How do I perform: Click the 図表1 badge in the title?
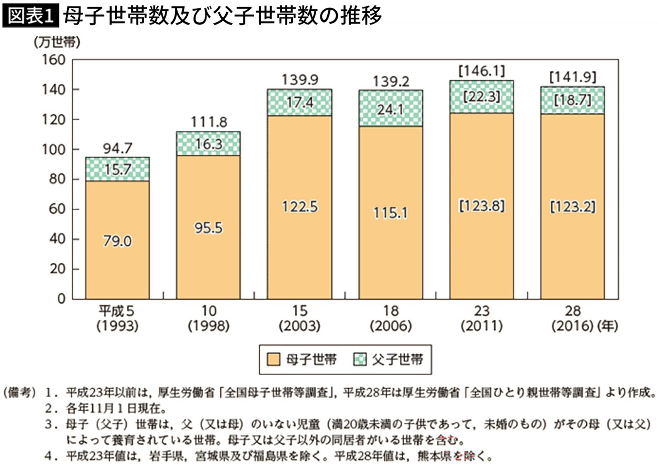pyautogui.click(x=30, y=16)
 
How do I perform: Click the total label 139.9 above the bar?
pyautogui.click(x=300, y=79)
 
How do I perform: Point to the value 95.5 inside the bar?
pyautogui.click(x=209, y=228)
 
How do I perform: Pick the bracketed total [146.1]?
pyautogui.click(x=481, y=71)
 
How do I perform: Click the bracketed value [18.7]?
pyautogui.click(x=572, y=100)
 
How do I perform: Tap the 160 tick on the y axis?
pyautogui.click(x=54, y=60)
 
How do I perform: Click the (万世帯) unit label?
pyautogui.click(x=57, y=42)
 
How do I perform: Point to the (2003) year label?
pyautogui.click(x=300, y=325)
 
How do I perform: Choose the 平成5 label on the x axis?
pyautogui.click(x=117, y=311)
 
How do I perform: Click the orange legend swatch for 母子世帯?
pyautogui.click(x=273, y=360)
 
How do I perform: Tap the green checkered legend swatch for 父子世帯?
pyautogui.click(x=360, y=360)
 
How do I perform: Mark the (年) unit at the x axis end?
pyautogui.click(x=607, y=325)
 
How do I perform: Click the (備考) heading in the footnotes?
pyautogui.click(x=20, y=393)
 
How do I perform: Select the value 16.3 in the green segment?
pyautogui.click(x=209, y=144)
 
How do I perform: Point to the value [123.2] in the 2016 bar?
pyautogui.click(x=572, y=206)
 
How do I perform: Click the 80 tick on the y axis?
pyautogui.click(x=58, y=179)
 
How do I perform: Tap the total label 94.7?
pyautogui.click(x=118, y=148)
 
